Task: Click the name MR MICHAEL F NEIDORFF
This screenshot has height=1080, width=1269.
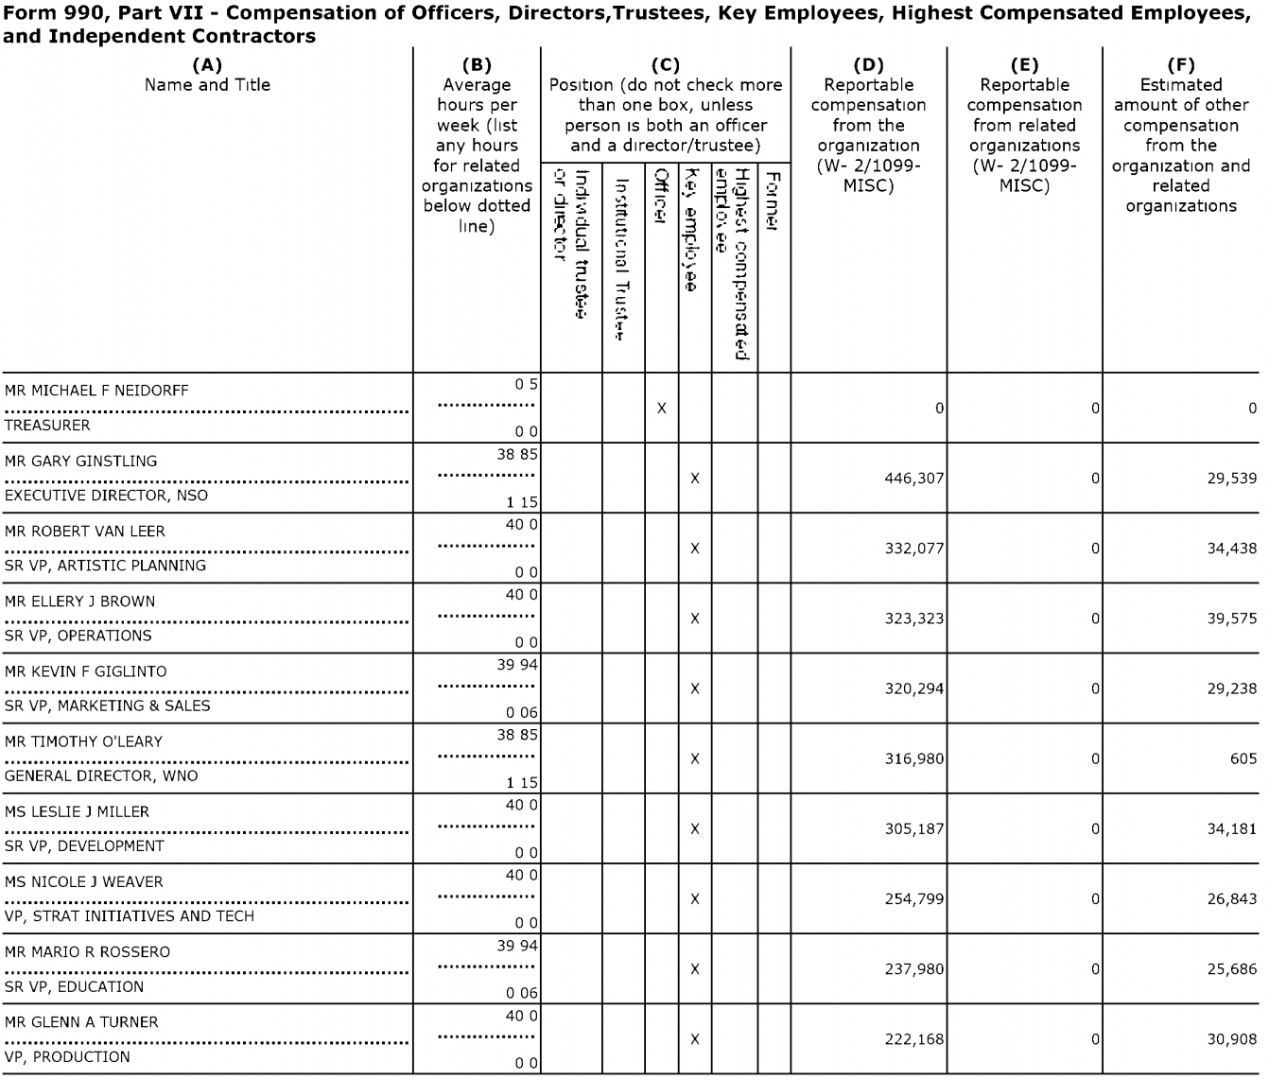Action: (x=96, y=391)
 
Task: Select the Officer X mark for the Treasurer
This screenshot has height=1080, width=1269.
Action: (x=662, y=409)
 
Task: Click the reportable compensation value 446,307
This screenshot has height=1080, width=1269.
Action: (x=914, y=479)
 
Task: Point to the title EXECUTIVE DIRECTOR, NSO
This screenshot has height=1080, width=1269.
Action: (x=106, y=496)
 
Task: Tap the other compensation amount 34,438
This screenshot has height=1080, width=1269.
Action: (x=1232, y=549)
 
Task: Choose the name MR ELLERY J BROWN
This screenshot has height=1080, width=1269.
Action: (x=80, y=601)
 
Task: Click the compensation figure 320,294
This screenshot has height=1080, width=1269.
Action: (x=914, y=688)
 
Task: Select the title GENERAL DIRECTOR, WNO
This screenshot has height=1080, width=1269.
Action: (x=101, y=775)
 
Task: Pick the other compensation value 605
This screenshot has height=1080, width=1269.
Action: (x=1243, y=758)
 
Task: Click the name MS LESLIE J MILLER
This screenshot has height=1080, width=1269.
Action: (x=77, y=811)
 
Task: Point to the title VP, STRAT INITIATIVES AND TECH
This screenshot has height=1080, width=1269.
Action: (x=130, y=915)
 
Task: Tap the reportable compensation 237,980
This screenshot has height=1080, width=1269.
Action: (x=914, y=969)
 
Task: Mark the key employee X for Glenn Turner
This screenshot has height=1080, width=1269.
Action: (x=695, y=1039)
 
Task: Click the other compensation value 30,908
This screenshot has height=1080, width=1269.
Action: (x=1232, y=1039)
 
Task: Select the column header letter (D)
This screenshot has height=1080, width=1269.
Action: (x=868, y=65)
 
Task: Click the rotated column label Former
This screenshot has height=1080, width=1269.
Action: (x=773, y=200)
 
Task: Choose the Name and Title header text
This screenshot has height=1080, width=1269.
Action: (x=207, y=85)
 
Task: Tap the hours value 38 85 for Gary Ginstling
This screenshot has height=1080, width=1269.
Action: (x=517, y=454)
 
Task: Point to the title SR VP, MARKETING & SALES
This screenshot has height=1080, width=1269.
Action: (x=108, y=705)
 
